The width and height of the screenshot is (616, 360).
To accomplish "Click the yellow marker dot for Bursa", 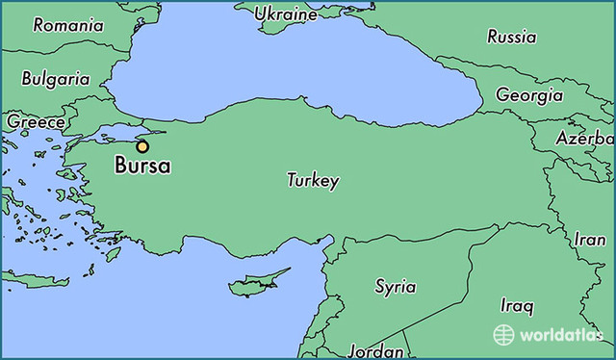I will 142,146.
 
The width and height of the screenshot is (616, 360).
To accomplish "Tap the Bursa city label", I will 142,167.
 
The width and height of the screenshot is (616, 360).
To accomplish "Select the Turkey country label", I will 313,180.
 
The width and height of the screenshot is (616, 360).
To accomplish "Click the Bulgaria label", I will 56,79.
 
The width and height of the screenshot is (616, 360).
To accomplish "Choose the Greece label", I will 36,122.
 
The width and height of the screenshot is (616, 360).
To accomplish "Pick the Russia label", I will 511,38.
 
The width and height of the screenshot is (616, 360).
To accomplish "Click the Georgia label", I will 529,95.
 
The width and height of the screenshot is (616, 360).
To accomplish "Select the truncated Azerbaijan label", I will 584,139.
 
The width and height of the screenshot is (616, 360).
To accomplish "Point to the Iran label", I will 590,240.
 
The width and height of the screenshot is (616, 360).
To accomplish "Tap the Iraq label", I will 516,306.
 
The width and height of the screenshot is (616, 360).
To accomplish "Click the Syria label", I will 396,286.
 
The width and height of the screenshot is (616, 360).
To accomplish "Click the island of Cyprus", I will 253,286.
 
